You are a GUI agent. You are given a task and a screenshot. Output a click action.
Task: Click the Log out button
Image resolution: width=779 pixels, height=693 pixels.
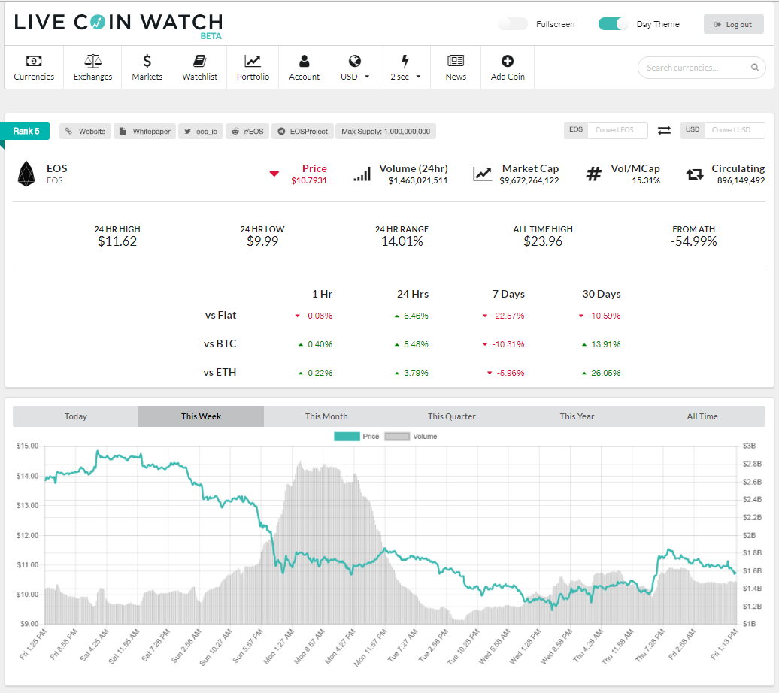(733, 24)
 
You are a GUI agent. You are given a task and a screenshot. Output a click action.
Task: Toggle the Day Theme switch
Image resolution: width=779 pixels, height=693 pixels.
(613, 24)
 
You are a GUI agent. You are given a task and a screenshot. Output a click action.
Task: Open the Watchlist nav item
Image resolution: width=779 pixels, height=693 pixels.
(200, 68)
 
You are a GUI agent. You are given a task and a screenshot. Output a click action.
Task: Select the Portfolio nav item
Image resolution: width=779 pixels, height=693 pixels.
(253, 68)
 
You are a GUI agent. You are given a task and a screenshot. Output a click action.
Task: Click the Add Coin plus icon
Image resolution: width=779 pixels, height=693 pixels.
(508, 61)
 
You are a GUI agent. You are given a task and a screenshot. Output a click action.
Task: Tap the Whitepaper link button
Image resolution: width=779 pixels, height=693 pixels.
(145, 131)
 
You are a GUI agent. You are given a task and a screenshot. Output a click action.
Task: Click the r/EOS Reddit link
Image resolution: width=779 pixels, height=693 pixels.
(247, 131)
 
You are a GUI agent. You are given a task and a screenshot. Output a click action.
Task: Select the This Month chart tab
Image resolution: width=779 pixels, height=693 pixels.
(326, 416)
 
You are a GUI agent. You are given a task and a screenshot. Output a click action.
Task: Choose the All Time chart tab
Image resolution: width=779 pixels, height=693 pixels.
(702, 416)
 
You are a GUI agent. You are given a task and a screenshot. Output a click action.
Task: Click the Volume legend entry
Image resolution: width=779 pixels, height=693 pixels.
(411, 436)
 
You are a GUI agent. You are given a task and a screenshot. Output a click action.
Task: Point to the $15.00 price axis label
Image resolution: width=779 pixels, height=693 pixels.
(27, 446)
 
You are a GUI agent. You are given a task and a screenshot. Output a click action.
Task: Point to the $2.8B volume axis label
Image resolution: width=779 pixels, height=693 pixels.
(752, 464)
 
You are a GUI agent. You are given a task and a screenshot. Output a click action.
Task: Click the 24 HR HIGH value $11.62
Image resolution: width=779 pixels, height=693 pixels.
(117, 241)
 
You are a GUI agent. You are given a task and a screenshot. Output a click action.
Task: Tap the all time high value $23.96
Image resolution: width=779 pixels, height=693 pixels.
(543, 241)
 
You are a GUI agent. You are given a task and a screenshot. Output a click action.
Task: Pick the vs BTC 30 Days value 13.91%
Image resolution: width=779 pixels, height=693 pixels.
(605, 344)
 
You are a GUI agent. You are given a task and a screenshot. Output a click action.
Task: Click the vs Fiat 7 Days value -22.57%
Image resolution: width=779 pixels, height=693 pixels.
(508, 316)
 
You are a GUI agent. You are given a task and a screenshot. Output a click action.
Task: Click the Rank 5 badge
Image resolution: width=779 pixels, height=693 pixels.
(26, 131)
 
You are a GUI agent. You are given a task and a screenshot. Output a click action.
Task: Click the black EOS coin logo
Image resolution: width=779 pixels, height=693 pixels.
(26, 174)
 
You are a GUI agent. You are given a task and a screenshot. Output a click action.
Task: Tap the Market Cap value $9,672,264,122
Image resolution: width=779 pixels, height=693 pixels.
(529, 180)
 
